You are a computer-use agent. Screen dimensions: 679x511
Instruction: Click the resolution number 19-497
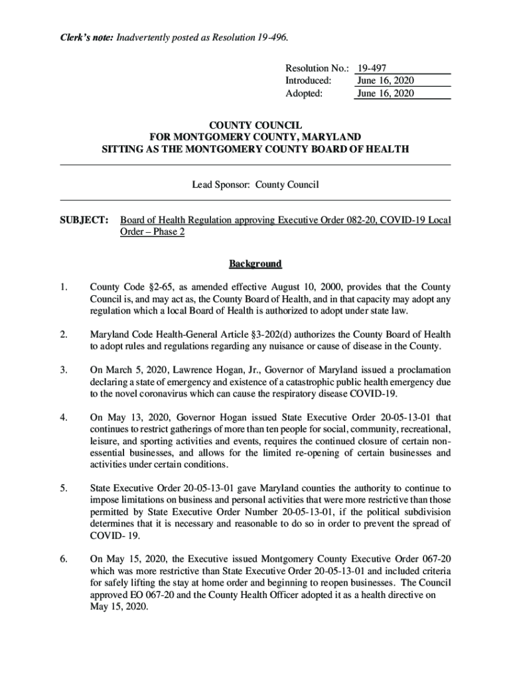pyautogui.click(x=372, y=68)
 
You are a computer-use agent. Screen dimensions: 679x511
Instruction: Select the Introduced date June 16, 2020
pyautogui.click(x=385, y=81)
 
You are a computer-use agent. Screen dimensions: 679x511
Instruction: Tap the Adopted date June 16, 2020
pyautogui.click(x=385, y=93)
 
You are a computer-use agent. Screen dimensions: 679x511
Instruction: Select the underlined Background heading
pyautogui.click(x=256, y=264)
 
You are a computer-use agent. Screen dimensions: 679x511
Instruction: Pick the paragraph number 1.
pyautogui.click(x=64, y=287)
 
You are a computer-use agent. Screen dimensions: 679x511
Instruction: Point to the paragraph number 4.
pyautogui.click(x=64, y=417)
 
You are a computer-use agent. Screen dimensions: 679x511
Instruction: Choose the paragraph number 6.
pyautogui.click(x=64, y=540)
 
